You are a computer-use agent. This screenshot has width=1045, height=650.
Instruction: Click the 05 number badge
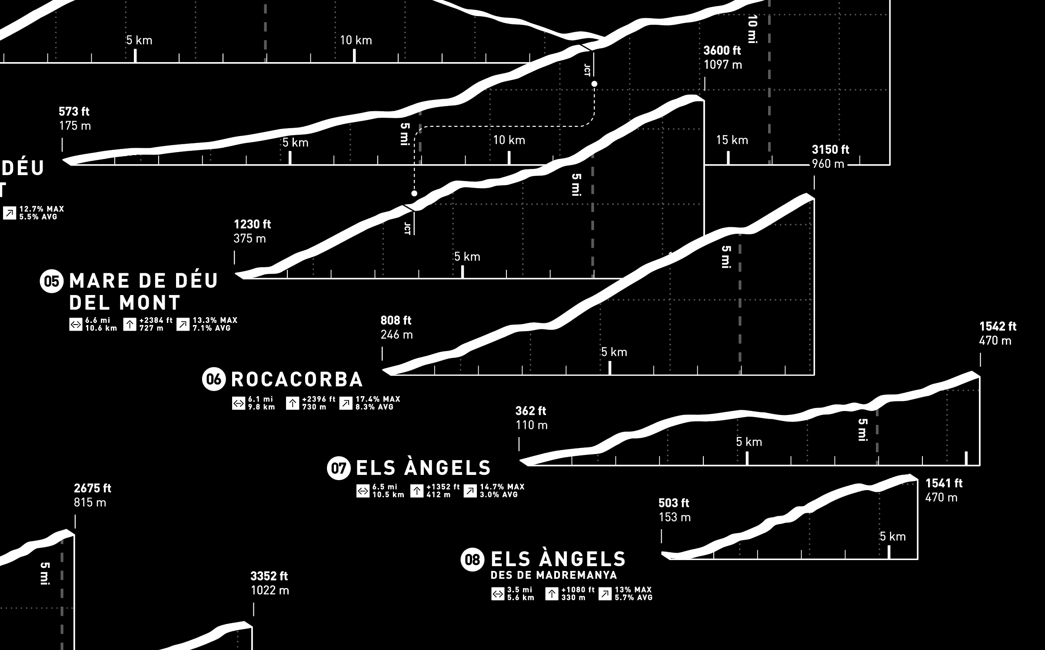52,281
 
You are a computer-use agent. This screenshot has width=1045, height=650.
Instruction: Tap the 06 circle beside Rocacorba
214,379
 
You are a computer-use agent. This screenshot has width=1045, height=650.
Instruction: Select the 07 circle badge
339,468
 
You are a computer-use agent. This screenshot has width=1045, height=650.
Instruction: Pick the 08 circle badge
473,559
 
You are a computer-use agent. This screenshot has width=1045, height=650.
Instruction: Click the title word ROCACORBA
297,379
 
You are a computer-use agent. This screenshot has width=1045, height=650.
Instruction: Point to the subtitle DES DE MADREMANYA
554,575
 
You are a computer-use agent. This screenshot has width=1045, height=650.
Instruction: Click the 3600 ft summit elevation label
722,50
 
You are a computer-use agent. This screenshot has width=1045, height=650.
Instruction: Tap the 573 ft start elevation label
74,112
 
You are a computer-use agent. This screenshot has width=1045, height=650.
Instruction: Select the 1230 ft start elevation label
252,224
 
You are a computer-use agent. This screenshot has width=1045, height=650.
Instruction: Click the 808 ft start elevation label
396,321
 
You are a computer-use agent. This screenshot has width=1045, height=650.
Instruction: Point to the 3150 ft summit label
830,150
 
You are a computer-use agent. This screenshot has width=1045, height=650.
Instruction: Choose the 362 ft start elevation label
531,411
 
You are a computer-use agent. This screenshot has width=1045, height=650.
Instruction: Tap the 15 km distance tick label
732,140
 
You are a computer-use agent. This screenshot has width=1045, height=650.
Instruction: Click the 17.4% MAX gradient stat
378,399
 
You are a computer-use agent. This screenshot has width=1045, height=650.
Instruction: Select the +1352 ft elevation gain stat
443,487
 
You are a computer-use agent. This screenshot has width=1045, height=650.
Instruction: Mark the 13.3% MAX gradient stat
215,320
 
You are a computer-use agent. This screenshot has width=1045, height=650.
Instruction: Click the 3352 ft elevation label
269,576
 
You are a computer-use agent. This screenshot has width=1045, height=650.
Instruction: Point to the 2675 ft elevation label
93,488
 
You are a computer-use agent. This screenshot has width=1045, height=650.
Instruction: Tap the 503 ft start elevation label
674,503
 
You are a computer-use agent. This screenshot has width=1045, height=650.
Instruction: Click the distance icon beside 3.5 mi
498,594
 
